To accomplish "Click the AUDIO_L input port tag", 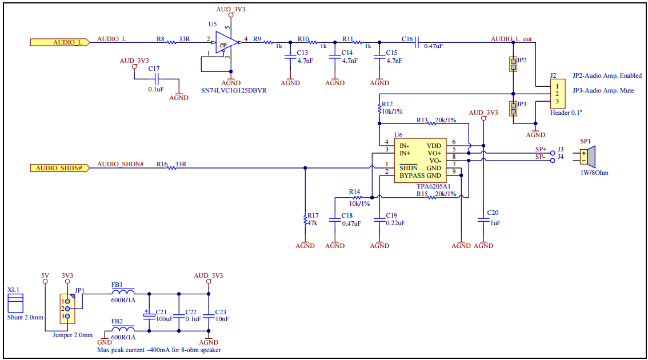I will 59,42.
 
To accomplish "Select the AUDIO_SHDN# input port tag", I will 59,168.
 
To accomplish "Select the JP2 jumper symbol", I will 513,64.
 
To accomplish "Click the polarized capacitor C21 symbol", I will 149,314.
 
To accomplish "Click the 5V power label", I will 45,275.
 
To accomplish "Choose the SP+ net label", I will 540,149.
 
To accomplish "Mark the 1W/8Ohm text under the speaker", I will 594,172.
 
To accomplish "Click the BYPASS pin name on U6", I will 412,175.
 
